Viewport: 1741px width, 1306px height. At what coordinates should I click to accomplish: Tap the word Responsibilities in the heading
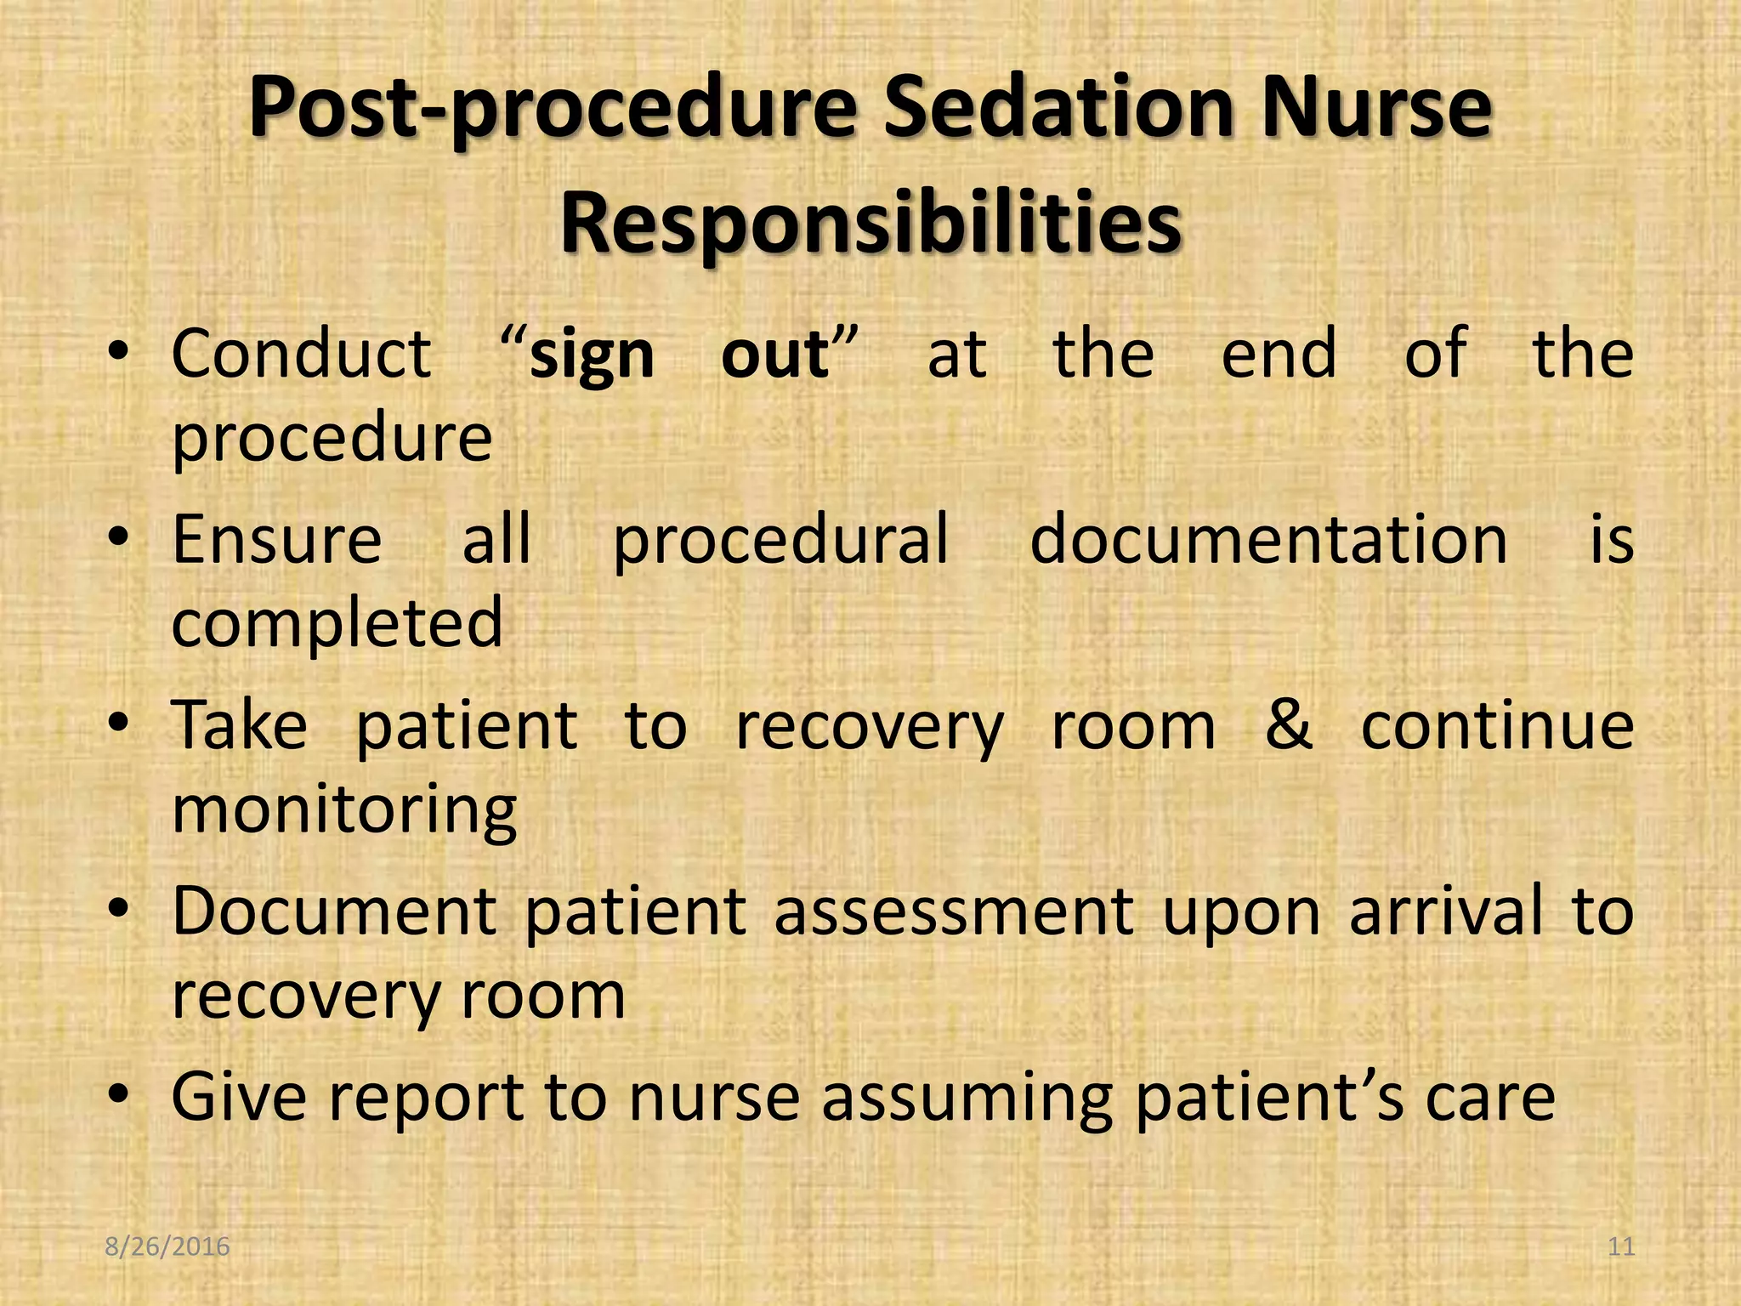870,223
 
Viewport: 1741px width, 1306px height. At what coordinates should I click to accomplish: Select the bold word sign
592,355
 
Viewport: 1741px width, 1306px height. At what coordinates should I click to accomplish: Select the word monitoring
344,811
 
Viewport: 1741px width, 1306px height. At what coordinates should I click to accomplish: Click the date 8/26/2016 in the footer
167,1246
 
